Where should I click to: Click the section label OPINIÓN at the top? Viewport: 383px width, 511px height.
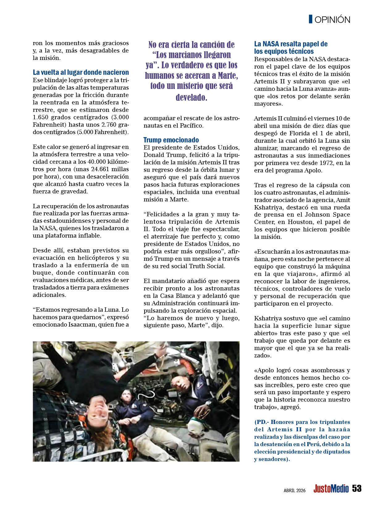coord(332,19)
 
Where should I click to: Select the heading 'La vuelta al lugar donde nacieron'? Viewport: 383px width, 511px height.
coord(81,73)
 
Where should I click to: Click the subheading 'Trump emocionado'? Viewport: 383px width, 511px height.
coord(171,140)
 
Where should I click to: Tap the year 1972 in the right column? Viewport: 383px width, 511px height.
coord(320,163)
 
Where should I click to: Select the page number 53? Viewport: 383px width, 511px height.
coord(357,488)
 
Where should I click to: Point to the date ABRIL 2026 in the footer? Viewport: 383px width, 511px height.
coord(294,490)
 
